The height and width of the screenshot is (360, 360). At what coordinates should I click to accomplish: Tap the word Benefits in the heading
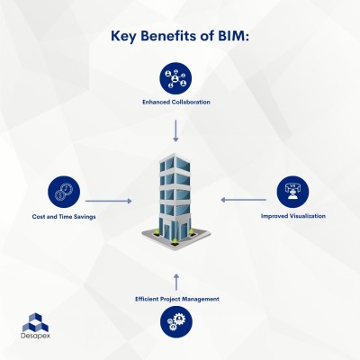171,37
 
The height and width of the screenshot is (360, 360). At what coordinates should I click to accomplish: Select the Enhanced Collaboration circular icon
175,77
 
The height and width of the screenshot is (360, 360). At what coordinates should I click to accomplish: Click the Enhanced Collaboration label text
175,102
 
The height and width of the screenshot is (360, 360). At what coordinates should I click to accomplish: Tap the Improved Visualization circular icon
292,191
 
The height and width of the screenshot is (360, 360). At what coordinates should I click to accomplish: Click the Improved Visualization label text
292,216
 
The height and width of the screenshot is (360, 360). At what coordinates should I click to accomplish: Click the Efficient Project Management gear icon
175,321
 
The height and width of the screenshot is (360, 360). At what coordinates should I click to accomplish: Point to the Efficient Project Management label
175,298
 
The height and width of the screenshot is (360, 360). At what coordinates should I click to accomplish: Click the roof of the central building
171,159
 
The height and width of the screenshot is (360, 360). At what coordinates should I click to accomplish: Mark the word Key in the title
126,37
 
